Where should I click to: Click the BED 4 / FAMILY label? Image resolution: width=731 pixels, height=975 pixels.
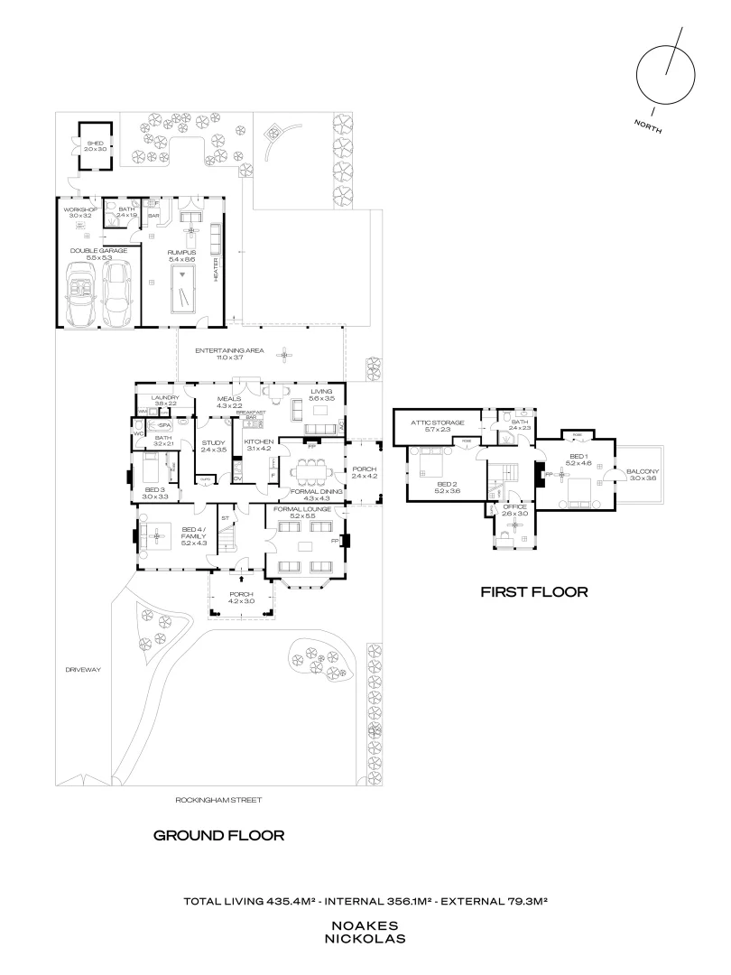195,533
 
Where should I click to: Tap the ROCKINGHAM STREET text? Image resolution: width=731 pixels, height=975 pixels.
219,799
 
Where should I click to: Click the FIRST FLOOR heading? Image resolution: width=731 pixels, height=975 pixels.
533,592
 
